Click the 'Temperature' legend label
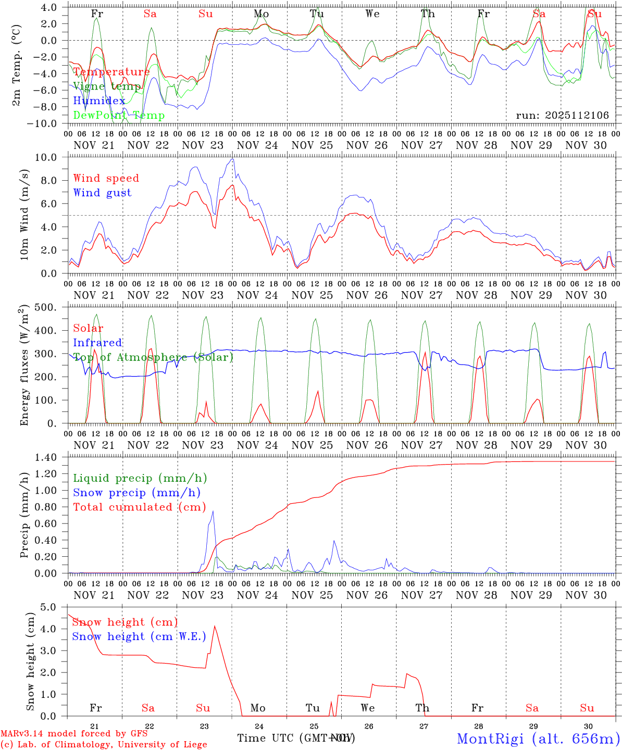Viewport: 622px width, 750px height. [111, 72]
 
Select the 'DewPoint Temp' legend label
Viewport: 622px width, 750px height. [119, 116]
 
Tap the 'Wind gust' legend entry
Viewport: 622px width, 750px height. [102, 193]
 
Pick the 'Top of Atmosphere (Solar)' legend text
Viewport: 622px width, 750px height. [153, 357]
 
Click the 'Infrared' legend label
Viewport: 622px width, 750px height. [97, 343]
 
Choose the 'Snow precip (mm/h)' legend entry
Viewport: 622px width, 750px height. [136, 493]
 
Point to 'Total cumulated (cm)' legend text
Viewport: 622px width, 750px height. [139, 507]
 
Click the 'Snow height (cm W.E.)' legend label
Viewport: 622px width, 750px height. [139, 636]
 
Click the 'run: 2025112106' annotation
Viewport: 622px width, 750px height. [562, 116]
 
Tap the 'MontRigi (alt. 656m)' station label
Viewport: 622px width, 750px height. [538, 739]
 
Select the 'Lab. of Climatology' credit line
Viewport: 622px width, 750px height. [104, 745]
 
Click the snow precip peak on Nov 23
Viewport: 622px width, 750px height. [213, 511]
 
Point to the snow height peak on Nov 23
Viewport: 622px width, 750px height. [215, 626]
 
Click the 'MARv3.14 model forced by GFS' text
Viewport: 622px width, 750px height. [73, 734]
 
